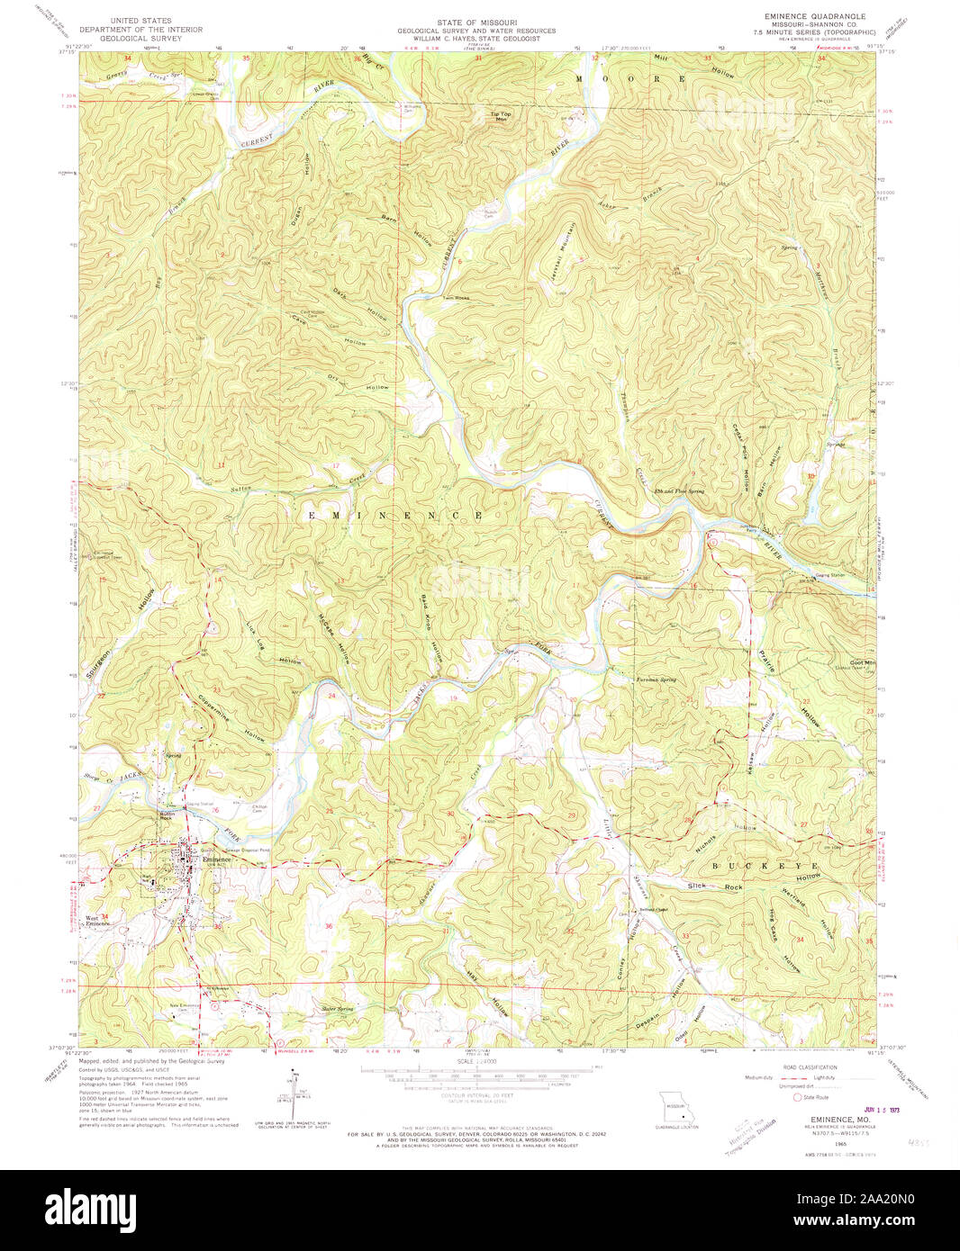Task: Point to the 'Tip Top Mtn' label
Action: coord(500,115)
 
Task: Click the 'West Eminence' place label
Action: coord(97,921)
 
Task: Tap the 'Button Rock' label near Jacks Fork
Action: coord(166,815)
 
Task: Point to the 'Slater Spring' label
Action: coord(331,1009)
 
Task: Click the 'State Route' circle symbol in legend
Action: coord(796,1097)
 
